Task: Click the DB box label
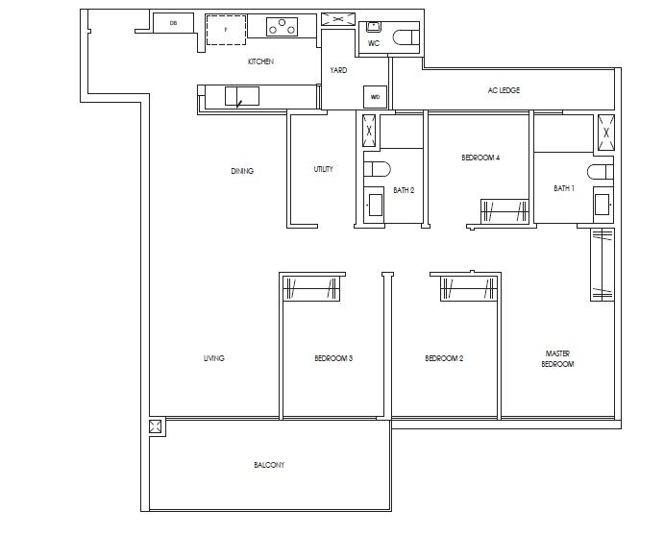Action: (x=173, y=23)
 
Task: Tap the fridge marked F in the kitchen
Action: (x=227, y=29)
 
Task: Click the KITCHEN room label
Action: (x=260, y=61)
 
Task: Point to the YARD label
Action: (x=338, y=70)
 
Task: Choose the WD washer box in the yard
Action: (x=373, y=96)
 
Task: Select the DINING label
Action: (x=242, y=171)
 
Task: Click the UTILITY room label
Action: (x=324, y=169)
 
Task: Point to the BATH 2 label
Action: (x=404, y=190)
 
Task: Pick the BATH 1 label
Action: (x=564, y=188)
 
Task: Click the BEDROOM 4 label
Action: (x=480, y=158)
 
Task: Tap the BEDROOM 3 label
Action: (x=333, y=358)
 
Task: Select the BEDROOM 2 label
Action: (x=444, y=358)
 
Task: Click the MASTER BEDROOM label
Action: (x=557, y=359)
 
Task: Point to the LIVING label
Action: (x=213, y=358)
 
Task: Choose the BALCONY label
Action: (x=269, y=465)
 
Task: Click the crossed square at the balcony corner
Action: (x=156, y=428)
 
